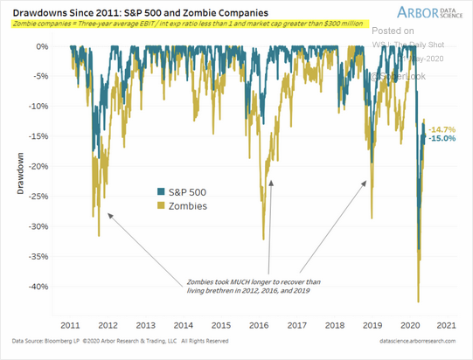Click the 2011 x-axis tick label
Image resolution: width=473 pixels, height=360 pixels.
tap(71, 322)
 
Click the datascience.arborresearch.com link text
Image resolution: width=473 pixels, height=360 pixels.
tap(413, 341)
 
